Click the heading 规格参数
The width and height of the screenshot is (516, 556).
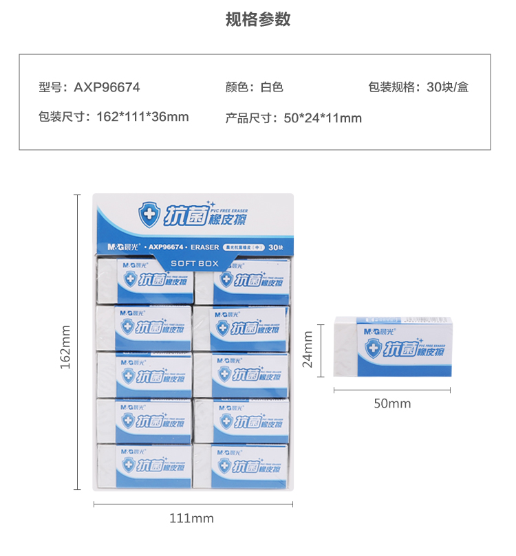click(x=258, y=19)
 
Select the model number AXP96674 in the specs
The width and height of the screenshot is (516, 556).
click(x=107, y=87)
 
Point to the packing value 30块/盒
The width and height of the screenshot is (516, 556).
click(x=447, y=87)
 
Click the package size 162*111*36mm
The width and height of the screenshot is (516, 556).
click(x=140, y=117)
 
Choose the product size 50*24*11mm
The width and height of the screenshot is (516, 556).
click(x=323, y=118)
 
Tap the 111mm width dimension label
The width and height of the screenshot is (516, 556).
click(x=192, y=518)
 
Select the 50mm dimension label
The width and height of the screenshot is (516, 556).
click(x=392, y=403)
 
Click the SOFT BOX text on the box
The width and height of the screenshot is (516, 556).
click(x=194, y=263)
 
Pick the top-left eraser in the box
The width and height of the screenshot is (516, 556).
click(x=143, y=280)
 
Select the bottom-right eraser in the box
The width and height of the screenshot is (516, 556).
click(x=241, y=465)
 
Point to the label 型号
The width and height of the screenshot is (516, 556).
click(x=51, y=87)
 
